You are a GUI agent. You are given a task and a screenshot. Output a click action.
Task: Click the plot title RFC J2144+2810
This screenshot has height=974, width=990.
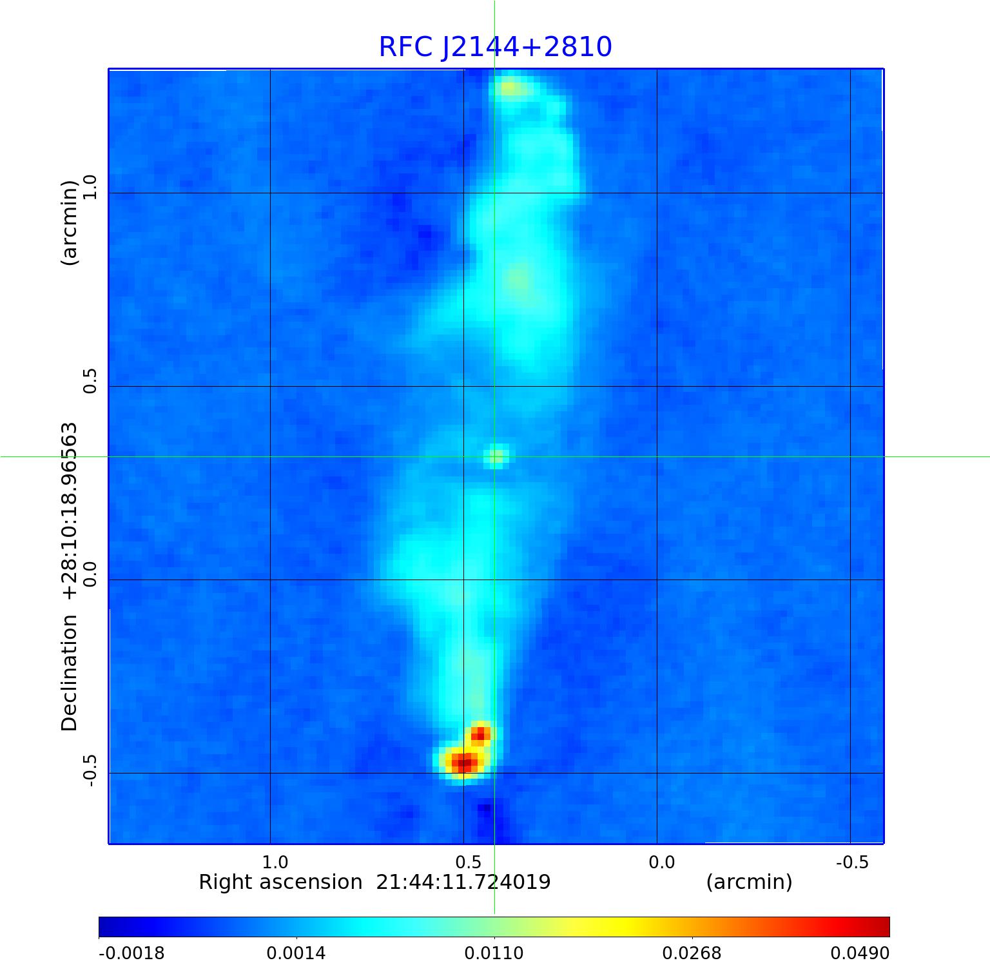point(495,47)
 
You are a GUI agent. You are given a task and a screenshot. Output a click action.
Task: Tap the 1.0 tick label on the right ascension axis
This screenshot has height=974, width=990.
point(275,862)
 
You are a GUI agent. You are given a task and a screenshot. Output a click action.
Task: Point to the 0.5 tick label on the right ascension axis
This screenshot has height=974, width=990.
point(468,862)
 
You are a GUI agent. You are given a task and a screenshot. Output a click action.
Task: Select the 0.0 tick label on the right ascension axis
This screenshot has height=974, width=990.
point(661,862)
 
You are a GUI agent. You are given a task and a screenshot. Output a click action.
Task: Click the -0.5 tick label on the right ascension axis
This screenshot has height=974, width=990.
point(852,862)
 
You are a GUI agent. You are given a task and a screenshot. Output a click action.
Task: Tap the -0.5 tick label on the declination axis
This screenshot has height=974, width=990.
point(89,768)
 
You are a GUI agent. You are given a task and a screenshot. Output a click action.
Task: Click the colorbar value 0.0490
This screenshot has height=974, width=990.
point(856,953)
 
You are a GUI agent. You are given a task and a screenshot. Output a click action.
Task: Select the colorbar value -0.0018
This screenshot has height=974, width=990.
point(131,953)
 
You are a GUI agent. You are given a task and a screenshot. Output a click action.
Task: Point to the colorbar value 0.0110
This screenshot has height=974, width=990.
point(494,953)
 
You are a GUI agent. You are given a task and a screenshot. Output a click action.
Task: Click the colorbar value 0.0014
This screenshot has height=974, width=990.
point(296,953)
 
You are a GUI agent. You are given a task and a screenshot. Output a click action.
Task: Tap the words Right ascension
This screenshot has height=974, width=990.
point(280,882)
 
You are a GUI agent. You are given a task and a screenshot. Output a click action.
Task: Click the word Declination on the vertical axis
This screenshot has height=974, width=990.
point(69,673)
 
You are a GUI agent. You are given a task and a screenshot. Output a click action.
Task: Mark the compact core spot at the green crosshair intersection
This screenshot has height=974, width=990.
point(496,456)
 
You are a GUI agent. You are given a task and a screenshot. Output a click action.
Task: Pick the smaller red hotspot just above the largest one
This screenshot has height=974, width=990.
point(481,734)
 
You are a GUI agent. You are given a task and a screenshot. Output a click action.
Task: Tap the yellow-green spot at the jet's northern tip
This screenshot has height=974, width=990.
point(511,88)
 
